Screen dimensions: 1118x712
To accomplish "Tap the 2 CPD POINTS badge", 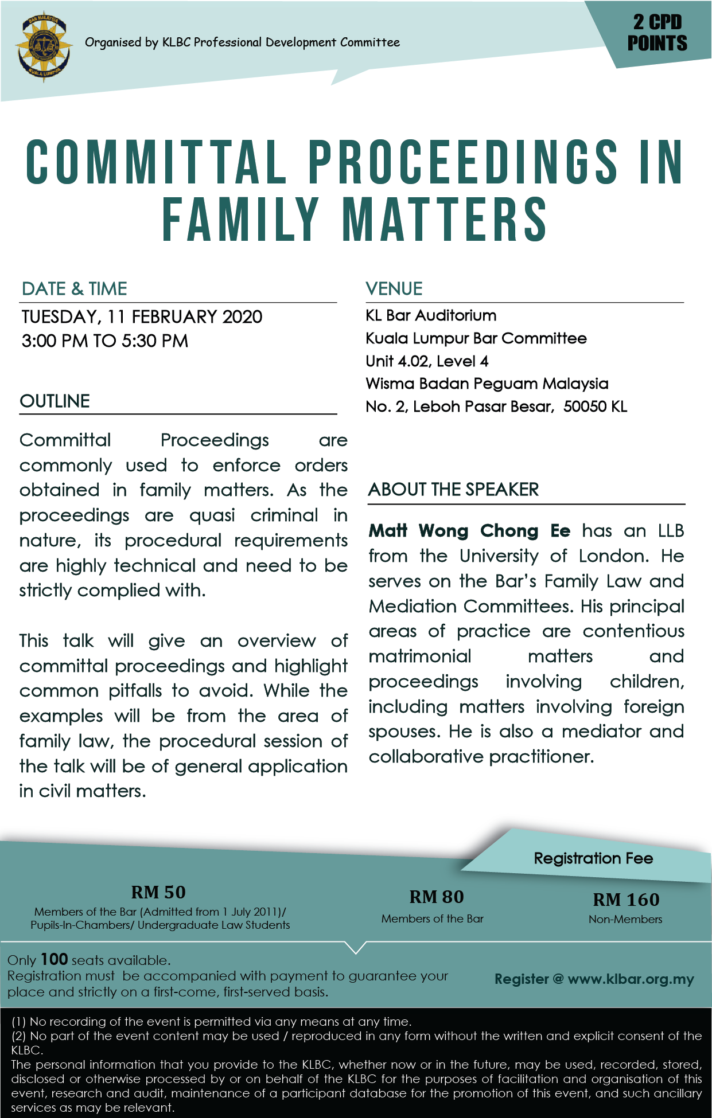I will [x=657, y=33].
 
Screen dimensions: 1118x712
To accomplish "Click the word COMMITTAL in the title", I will [x=155, y=163].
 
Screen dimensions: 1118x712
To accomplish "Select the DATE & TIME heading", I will [x=74, y=288].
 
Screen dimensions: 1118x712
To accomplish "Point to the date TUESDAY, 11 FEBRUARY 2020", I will [x=142, y=316].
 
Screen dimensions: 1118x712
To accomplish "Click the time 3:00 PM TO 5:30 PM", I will [x=105, y=341].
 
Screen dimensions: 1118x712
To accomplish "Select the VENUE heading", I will [x=394, y=288].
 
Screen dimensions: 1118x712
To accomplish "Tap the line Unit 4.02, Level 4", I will [x=427, y=361].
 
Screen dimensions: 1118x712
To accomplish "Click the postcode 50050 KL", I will [x=595, y=406].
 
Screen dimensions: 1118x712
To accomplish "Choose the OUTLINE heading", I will [x=55, y=401].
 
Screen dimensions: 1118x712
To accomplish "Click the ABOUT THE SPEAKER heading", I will [x=453, y=490].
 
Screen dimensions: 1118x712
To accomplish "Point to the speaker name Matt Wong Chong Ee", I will [x=469, y=531].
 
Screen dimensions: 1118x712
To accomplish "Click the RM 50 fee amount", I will [x=158, y=892].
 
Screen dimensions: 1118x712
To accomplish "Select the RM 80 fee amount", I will [x=436, y=897].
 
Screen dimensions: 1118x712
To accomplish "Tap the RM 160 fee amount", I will [x=625, y=900].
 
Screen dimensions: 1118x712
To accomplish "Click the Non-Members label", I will [x=625, y=919].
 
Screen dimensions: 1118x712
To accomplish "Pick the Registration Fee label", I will [x=593, y=858].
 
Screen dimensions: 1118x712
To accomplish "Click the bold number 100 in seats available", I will [x=55, y=959].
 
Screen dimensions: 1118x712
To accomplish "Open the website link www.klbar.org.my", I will [x=631, y=979].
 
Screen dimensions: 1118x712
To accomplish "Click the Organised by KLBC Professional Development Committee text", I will [x=242, y=42].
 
